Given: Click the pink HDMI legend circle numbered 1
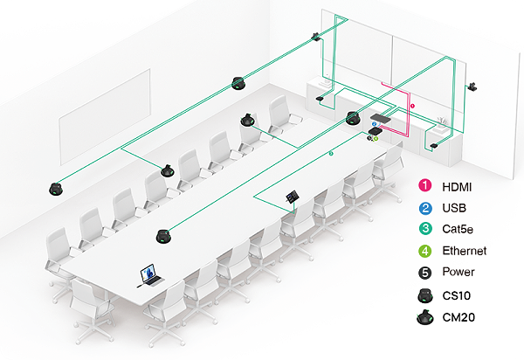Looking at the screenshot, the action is (x=424, y=185).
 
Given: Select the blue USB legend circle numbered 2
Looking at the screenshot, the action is (x=425, y=208).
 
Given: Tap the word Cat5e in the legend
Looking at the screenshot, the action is (x=458, y=229).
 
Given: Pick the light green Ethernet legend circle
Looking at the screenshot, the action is (x=425, y=251).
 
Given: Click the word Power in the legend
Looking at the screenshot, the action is (x=458, y=272).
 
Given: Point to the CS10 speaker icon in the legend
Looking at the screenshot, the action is (x=425, y=295).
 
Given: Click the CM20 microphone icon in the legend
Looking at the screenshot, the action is (x=425, y=317).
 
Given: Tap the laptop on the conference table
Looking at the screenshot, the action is (x=150, y=275).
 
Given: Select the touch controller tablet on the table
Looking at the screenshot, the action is (x=293, y=196).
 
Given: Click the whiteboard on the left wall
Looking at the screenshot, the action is (x=105, y=117).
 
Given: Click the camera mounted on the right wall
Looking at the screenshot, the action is (x=472, y=87).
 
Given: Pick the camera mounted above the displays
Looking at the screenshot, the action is (x=315, y=36).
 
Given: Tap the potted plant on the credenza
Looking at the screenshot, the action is (x=442, y=122).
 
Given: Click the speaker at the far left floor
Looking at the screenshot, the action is (x=56, y=190).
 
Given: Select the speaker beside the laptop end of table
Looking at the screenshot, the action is (x=163, y=236).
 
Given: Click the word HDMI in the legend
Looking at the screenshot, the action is (x=457, y=187).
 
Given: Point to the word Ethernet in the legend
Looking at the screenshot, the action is (x=465, y=251).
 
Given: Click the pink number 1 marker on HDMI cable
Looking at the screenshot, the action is (x=412, y=106).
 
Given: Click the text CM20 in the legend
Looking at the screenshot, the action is (x=458, y=317).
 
